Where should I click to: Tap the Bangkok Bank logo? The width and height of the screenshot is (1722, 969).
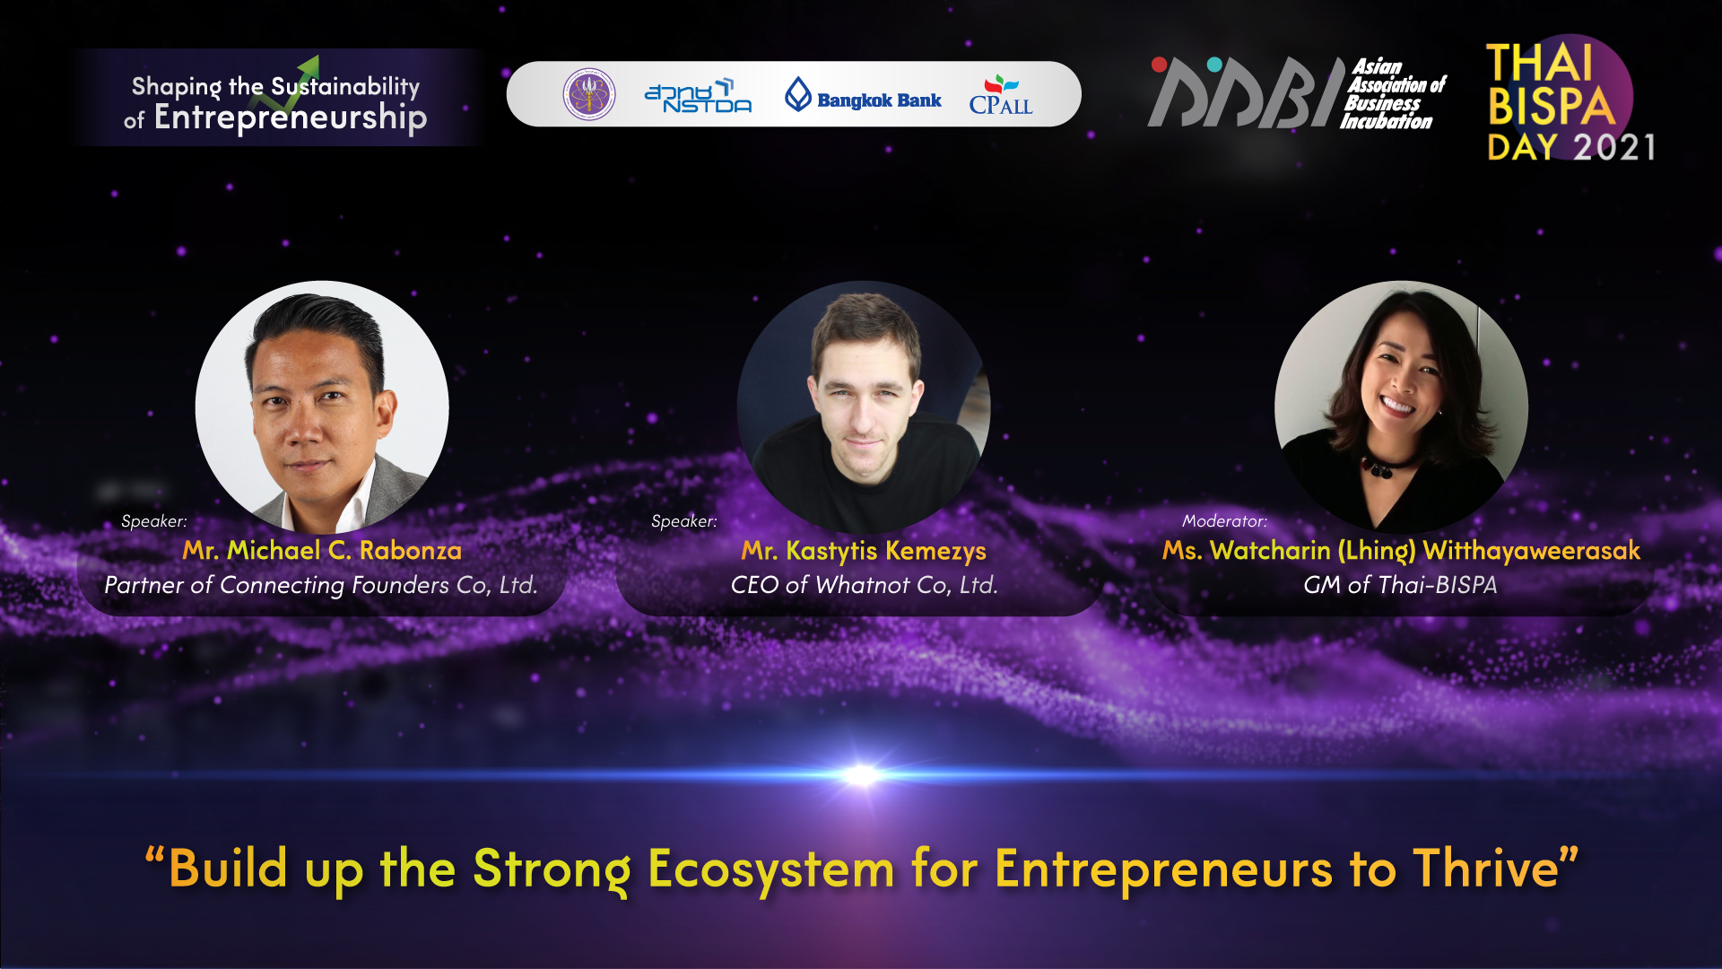coord(863,95)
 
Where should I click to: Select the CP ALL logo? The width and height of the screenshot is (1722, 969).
coord(1001,95)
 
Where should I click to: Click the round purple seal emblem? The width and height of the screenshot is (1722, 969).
coord(589,94)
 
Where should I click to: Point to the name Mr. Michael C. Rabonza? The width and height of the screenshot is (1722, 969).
coord(322,550)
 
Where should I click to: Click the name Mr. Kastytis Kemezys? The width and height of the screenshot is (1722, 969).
coord(864,550)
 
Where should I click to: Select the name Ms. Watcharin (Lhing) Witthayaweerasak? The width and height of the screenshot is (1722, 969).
coord(1401,550)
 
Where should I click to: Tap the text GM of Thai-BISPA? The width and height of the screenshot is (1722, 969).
coord(1400,585)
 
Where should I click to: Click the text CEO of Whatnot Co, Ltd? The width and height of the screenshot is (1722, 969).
coord(864,585)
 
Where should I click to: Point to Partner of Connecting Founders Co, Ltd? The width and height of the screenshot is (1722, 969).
coord(321,585)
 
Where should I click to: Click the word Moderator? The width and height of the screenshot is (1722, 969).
coord(1223,521)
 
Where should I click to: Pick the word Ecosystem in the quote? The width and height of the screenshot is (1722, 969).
coord(770,869)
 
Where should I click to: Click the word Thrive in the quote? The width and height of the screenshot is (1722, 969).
coord(1485,868)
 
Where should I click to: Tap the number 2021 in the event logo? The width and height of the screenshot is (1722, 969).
coord(1614,147)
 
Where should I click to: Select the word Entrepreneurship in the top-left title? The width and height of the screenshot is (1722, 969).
coord(291,118)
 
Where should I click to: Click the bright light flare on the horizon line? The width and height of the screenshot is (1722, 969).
coord(861,774)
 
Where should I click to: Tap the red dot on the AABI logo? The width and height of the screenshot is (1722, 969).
coord(1159,65)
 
